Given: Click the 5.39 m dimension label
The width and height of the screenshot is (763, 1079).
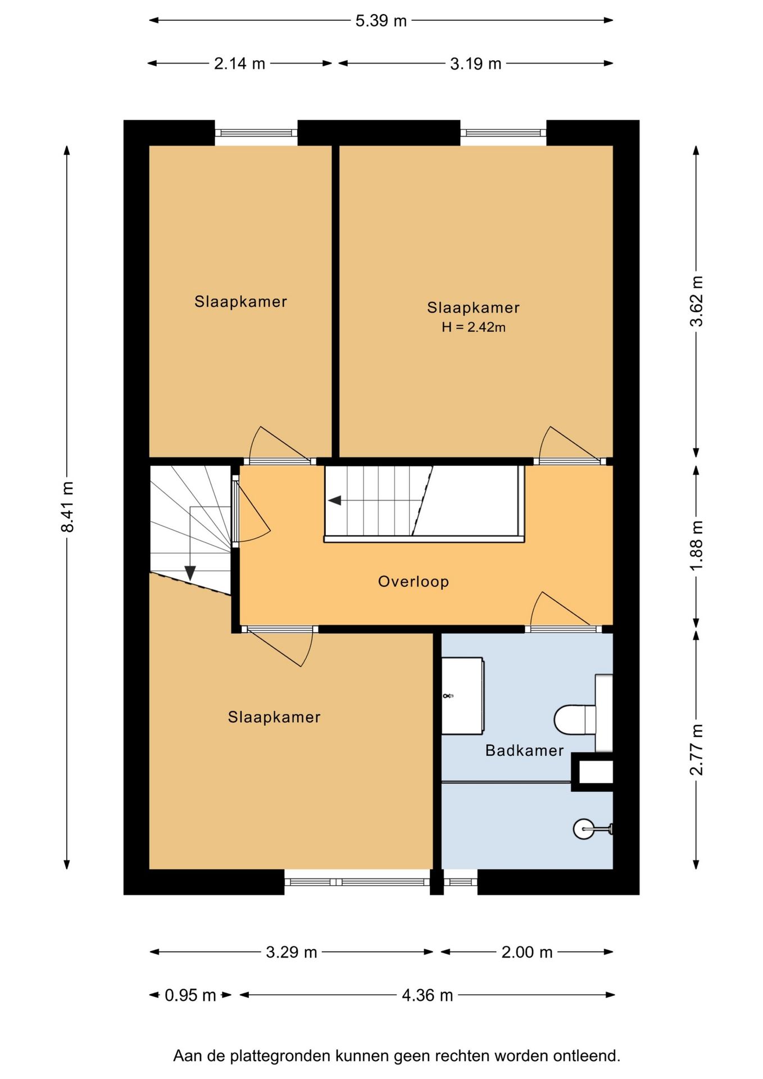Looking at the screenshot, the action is tap(380, 21).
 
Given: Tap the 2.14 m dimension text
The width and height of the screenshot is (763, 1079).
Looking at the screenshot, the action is tap(239, 64).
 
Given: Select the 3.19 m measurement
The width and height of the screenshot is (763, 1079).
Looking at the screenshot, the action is tap(475, 64).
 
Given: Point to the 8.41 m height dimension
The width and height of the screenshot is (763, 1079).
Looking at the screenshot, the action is tap(67, 506).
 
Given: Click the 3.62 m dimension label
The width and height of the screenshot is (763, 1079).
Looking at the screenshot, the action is tap(697, 301).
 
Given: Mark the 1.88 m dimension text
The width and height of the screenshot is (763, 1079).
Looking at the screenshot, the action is tap(697, 545).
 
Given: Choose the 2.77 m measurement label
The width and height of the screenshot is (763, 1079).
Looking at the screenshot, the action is tap(697, 750).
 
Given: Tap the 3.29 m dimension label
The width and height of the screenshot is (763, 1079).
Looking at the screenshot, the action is tap(292, 952).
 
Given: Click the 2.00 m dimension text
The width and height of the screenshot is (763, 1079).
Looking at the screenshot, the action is tap(527, 952).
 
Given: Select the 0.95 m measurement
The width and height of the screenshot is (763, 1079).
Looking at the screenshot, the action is tap(190, 995).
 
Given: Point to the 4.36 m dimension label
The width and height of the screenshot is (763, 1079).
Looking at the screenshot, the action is tap(427, 995).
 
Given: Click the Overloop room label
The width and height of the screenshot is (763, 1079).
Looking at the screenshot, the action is tap(414, 581).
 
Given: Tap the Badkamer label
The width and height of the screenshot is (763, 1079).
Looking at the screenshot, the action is tap(524, 750).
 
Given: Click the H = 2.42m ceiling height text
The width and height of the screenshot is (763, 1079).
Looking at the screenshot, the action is tap(474, 327).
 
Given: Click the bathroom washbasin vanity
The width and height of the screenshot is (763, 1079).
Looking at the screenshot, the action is tap(462, 696).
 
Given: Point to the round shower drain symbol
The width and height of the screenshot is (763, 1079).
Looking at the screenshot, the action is tap(583, 828).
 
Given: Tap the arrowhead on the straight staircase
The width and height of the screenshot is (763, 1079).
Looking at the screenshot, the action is tap(335, 500).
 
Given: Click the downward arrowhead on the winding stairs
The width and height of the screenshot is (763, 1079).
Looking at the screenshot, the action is tap(190, 573).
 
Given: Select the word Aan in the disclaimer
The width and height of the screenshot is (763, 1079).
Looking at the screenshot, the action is tap(188, 1056).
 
